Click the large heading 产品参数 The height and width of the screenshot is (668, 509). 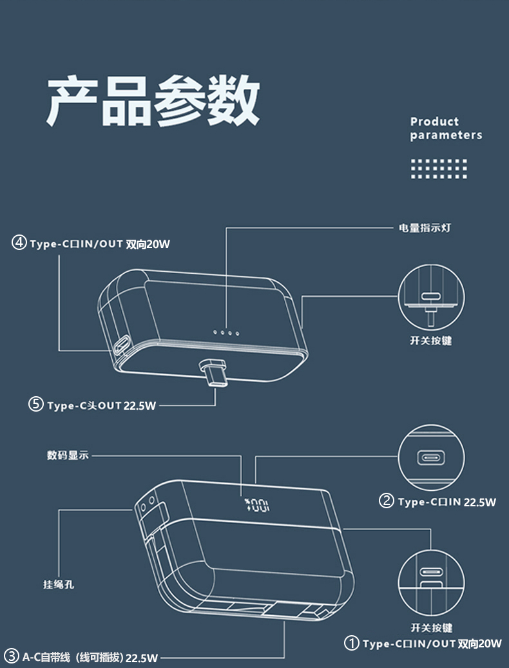click(153, 100)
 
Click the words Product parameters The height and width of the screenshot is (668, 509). click(446, 128)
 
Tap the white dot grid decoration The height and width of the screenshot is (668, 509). click(439, 169)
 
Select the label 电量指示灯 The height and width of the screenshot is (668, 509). click(425, 228)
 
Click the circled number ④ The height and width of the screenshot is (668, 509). click(19, 243)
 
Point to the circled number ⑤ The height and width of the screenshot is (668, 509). click(36, 405)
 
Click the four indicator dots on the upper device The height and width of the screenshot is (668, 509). click(226, 332)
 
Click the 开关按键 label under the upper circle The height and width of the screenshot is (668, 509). click(430, 341)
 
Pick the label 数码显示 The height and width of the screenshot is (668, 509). click(68, 455)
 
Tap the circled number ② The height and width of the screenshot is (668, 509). click(387, 500)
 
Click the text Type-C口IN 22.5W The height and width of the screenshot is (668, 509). click(447, 502)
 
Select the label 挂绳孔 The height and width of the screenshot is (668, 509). click(59, 584)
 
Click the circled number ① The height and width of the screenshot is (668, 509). click(351, 643)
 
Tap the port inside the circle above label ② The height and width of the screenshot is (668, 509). click(431, 458)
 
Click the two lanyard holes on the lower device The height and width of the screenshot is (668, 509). click(147, 505)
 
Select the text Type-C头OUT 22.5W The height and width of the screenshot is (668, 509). click(102, 406)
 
